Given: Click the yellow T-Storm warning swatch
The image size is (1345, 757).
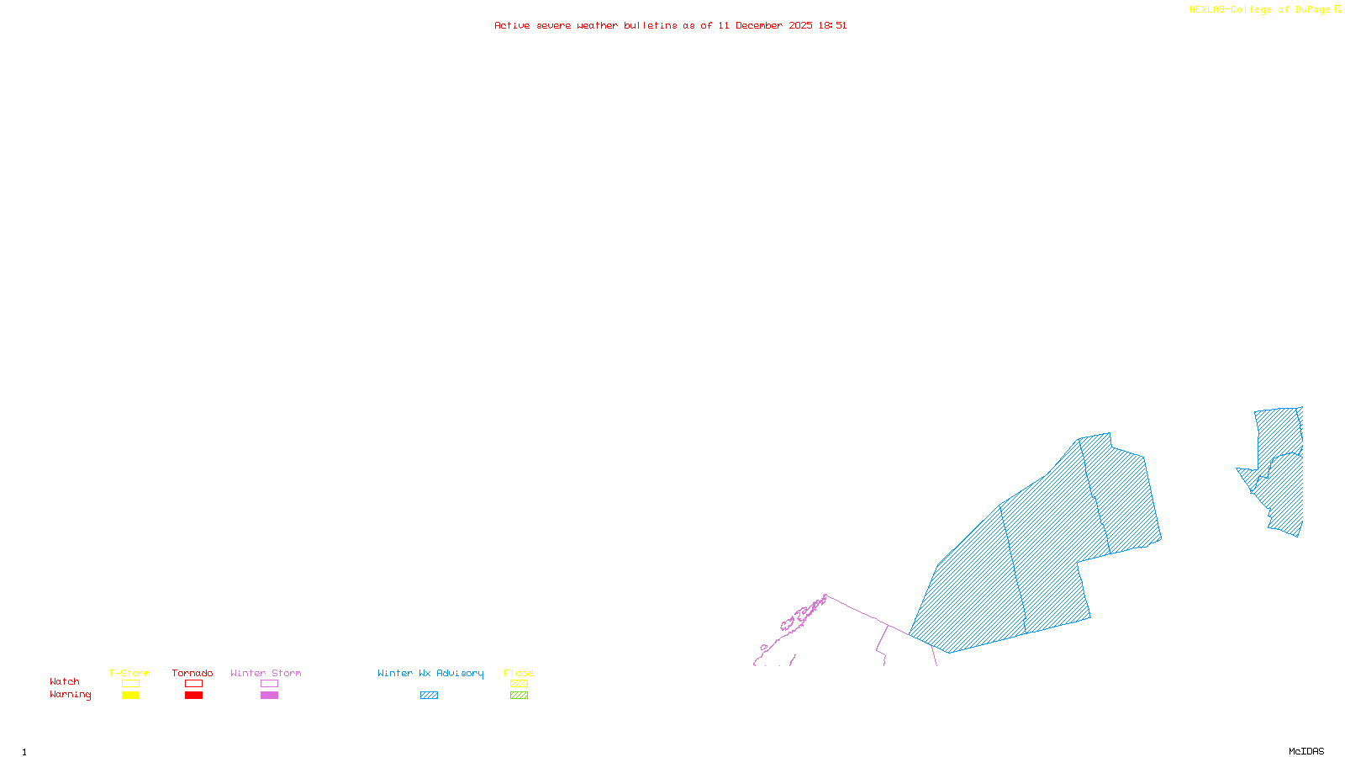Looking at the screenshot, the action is click(x=130, y=696).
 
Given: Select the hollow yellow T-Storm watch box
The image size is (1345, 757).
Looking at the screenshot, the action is click(x=130, y=684).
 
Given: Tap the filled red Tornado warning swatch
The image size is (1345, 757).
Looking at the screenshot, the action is click(x=193, y=696).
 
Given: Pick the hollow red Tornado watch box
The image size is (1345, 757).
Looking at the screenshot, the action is click(x=193, y=684).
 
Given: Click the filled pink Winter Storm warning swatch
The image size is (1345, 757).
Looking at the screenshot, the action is click(x=269, y=696).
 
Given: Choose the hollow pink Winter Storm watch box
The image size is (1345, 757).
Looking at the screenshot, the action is click(x=269, y=684).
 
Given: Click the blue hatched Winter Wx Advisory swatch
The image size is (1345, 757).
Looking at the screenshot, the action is click(x=429, y=696).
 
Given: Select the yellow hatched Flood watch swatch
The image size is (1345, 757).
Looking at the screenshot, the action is click(x=519, y=684).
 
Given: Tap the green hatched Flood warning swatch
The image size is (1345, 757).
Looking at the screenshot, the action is click(x=519, y=696).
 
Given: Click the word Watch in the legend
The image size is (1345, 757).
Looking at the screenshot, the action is click(x=65, y=682).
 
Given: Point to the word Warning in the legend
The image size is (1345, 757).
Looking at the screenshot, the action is click(x=71, y=695).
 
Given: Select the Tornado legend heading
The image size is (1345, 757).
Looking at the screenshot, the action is click(x=193, y=673).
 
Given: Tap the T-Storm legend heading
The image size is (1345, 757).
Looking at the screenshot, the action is click(x=129, y=673).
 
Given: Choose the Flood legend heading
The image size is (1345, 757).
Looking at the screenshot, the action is click(x=519, y=673).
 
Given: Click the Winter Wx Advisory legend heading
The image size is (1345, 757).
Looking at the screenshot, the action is click(x=430, y=673).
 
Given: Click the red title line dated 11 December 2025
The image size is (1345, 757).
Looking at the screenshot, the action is click(x=670, y=25).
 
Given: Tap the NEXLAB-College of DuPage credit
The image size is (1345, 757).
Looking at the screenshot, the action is click(x=1264, y=10).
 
